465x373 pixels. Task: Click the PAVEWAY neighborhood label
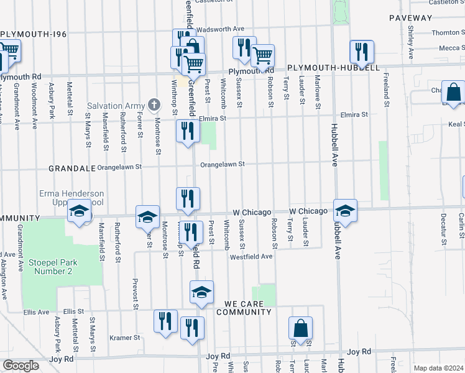(410, 18)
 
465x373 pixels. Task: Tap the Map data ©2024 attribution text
(438, 368)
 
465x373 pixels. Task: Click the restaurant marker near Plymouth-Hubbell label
(361, 51)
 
